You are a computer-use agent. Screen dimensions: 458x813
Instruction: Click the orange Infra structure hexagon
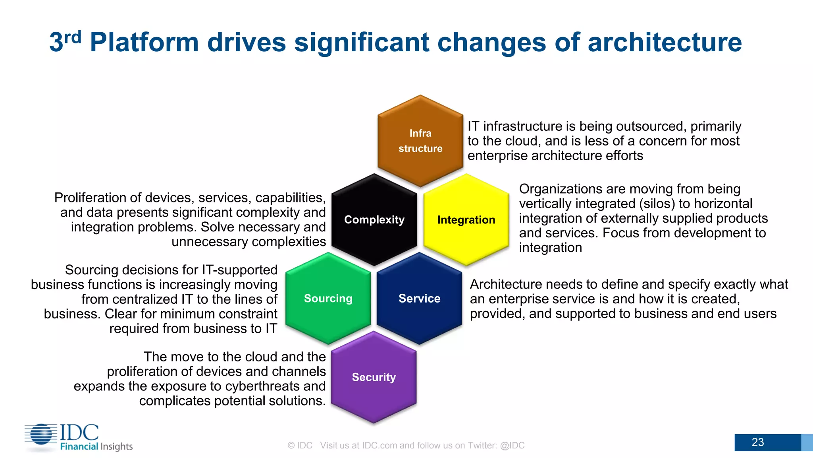tap(420, 141)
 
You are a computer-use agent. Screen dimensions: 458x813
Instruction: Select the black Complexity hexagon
tap(374, 219)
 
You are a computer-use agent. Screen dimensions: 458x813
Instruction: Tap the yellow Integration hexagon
tap(466, 219)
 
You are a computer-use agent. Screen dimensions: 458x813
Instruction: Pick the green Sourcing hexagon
tap(328, 298)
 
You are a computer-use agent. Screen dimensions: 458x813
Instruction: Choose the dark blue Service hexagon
tap(419, 298)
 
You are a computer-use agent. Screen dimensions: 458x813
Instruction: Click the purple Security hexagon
tap(374, 377)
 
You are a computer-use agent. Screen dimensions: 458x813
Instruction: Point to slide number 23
tap(757, 442)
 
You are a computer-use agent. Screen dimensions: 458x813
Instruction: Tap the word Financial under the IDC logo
tap(79, 446)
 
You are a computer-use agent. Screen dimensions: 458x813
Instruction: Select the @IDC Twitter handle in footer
tap(512, 445)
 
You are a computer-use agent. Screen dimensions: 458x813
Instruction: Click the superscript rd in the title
tap(73, 37)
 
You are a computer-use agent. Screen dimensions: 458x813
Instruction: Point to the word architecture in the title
tap(664, 42)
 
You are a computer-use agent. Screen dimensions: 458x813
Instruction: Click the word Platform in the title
tap(144, 42)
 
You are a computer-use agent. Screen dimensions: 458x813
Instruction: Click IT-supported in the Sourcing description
tap(239, 270)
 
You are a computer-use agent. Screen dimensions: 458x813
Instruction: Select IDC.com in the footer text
tap(380, 445)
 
